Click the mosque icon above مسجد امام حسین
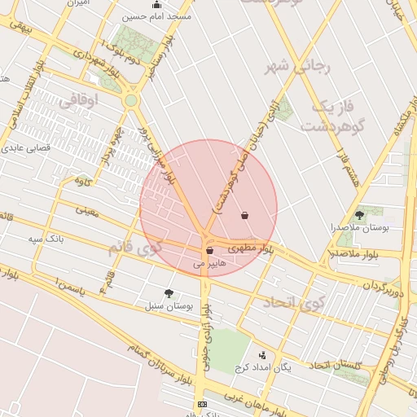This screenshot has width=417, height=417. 156,6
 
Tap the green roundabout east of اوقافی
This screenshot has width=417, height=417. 131,100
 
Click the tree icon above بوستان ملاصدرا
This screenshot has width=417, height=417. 360,215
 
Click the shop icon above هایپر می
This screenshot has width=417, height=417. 210,250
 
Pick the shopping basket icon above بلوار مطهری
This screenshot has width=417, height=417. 245,216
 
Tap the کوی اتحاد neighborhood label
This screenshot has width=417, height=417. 292,304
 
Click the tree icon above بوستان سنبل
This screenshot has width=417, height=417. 169,292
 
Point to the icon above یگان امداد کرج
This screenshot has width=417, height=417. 262,355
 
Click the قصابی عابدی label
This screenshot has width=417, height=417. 29,148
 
